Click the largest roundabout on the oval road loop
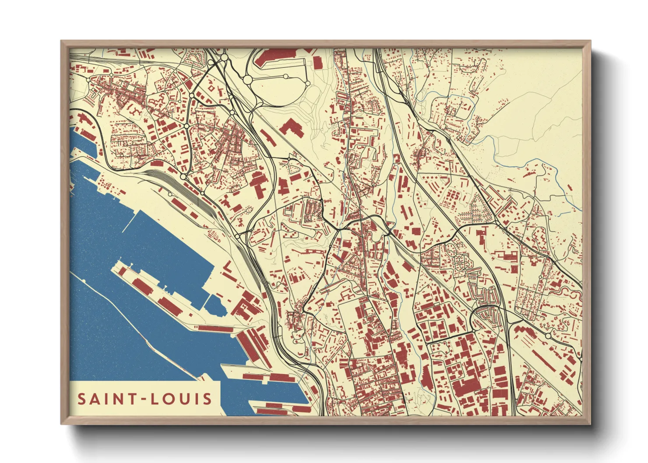[247, 80]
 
